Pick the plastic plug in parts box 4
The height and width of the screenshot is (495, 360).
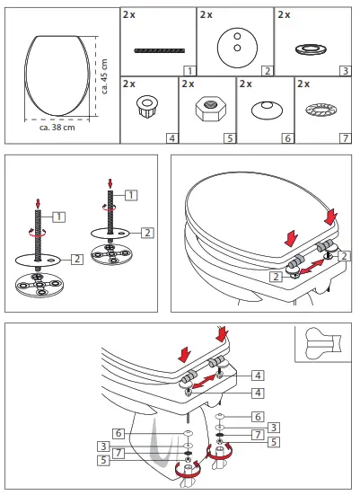(146, 110)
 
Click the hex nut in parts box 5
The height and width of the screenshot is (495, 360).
(206, 110)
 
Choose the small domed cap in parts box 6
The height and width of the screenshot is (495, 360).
(264, 109)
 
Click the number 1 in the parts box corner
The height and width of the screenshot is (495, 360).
(189, 69)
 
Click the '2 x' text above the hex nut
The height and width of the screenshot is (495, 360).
(188, 84)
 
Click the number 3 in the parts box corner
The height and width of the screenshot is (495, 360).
(344, 69)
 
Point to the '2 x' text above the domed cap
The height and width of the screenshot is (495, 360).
(245, 84)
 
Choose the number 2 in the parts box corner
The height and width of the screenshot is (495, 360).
(266, 69)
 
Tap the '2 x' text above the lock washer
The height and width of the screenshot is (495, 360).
(303, 84)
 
